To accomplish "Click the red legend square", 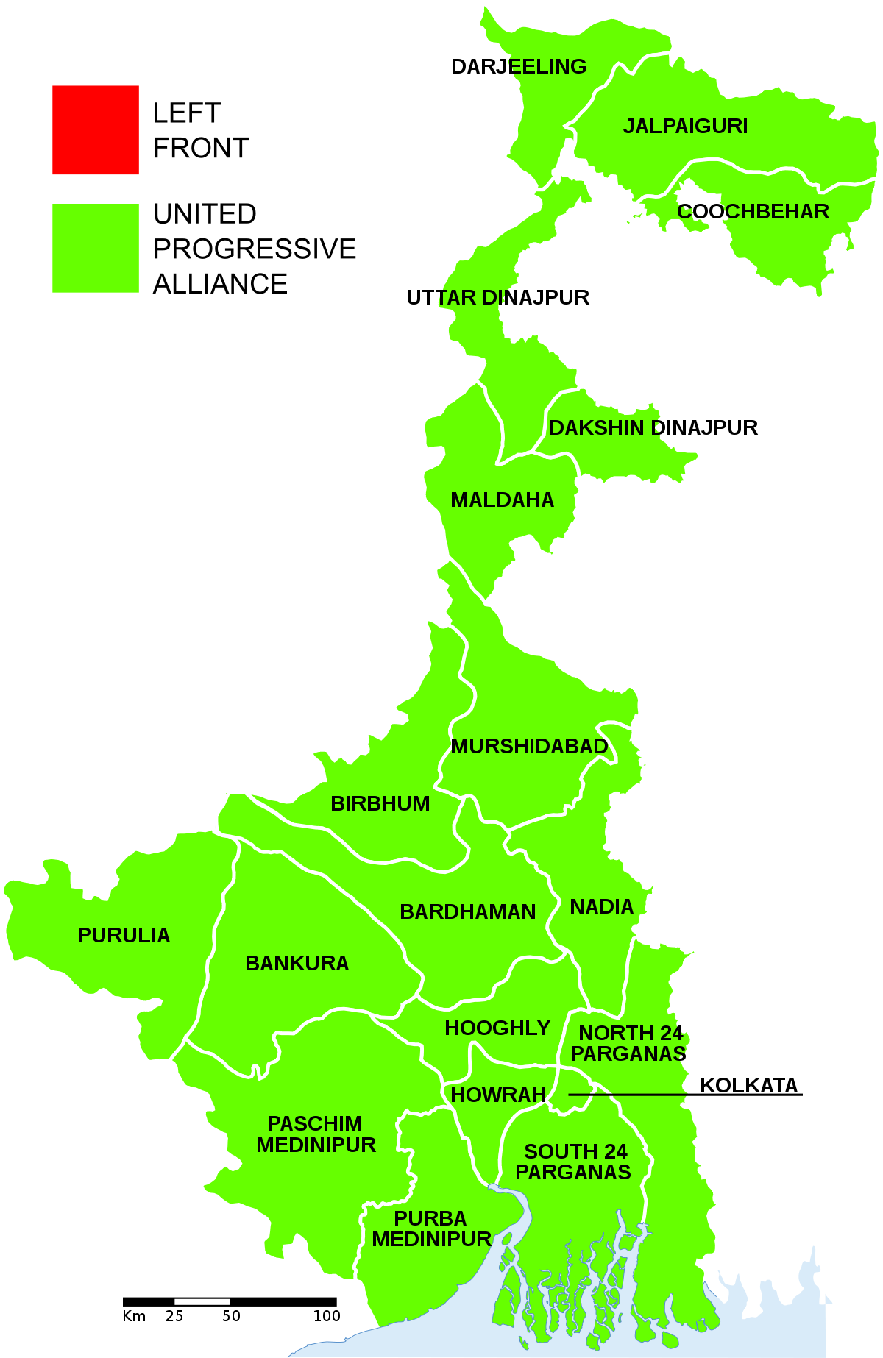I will [96, 130].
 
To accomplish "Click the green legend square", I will [96, 248].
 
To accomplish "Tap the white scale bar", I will [202, 1301].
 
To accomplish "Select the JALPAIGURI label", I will [685, 127].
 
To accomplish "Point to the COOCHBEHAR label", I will [753, 212].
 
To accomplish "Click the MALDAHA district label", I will [502, 500].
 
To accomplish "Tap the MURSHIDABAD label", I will [529, 747].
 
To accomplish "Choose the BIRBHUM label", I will [380, 804].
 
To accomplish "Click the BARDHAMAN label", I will [467, 912].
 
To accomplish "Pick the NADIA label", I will [601, 907].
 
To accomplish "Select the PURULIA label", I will [124, 936].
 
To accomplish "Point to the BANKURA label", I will [297, 964].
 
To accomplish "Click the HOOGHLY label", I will [497, 1028].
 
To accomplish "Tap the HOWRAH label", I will [498, 1095].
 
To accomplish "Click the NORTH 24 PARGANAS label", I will [629, 1044].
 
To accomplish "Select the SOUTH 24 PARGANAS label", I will [574, 1162].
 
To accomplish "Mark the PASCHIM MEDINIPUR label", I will [316, 1134].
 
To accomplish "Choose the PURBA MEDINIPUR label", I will [431, 1229].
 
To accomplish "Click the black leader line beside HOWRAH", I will [630, 1095].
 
